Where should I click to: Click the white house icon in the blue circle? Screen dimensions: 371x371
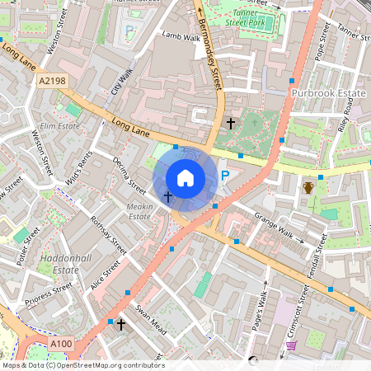coord(185,177)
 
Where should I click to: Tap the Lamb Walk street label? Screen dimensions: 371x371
coord(181,37)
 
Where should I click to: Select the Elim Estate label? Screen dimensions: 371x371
coord(59,126)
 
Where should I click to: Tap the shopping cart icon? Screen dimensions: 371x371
coord(291,346)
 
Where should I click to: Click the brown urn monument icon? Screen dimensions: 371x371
coord(309,186)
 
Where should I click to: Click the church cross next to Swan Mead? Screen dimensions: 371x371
coord(121,324)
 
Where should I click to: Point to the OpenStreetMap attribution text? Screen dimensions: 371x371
coord(82,365)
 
